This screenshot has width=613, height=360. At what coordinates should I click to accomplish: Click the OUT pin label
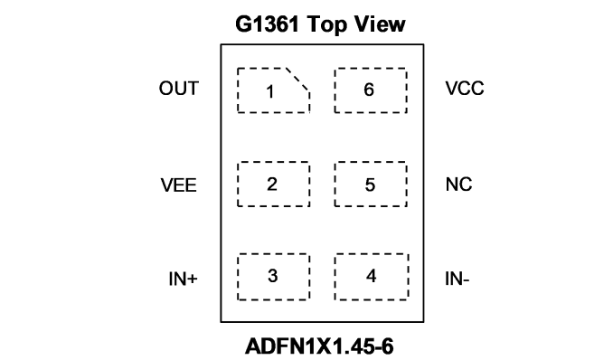tap(179, 89)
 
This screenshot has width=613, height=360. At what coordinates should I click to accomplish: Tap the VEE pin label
tap(179, 185)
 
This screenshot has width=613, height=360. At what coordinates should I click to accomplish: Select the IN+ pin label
tap(183, 279)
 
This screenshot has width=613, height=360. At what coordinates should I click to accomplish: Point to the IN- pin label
tap(457, 279)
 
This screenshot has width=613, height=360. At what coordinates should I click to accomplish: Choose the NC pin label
tap(458, 185)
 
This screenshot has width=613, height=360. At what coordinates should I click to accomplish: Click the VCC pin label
tap(465, 89)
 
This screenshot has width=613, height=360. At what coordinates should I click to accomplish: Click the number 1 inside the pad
tap(269, 92)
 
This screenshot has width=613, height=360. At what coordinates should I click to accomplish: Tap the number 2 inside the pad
tap(272, 184)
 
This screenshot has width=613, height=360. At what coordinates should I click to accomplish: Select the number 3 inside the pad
tap(272, 276)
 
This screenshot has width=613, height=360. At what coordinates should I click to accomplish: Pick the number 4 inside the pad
tap(371, 276)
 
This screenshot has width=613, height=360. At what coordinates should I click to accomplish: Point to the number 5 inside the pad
tap(370, 185)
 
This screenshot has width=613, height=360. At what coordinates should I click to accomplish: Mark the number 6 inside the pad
tap(369, 90)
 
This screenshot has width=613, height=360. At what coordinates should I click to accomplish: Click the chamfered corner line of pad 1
tap(297, 80)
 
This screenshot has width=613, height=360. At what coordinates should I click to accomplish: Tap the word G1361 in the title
tap(267, 24)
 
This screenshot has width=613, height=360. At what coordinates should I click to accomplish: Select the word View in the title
tap(380, 24)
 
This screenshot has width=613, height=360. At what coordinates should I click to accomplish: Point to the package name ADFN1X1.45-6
tap(319, 346)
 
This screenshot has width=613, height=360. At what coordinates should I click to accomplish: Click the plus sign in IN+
tap(193, 279)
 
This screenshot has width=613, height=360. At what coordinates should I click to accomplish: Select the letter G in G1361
tap(243, 24)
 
